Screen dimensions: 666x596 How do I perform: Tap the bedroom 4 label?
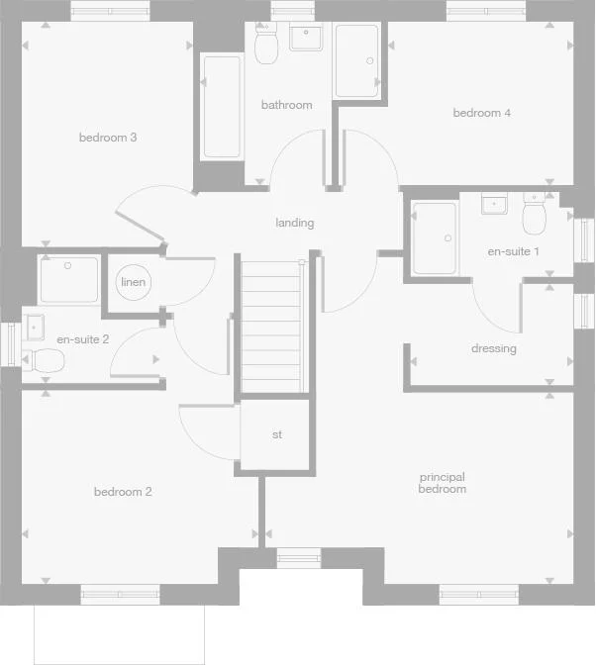click(x=482, y=113)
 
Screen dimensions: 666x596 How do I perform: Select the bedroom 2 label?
click(x=123, y=492)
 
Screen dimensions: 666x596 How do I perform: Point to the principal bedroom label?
click(x=442, y=483)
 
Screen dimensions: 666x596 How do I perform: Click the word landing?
click(x=295, y=223)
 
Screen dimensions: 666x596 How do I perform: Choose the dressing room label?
click(x=493, y=348)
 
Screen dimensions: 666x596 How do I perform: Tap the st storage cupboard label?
click(x=277, y=434)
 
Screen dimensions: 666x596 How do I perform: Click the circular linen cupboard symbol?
click(x=134, y=283)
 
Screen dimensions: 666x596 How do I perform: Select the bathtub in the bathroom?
click(x=222, y=107)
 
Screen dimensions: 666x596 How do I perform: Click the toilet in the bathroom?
click(x=265, y=46)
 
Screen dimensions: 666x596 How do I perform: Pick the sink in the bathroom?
click(x=306, y=38)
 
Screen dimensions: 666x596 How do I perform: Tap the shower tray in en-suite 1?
click(x=435, y=238)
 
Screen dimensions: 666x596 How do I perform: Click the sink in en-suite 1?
click(x=495, y=204)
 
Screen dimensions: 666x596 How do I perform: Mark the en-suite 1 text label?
click(x=514, y=251)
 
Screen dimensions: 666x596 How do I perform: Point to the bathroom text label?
click(x=287, y=105)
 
